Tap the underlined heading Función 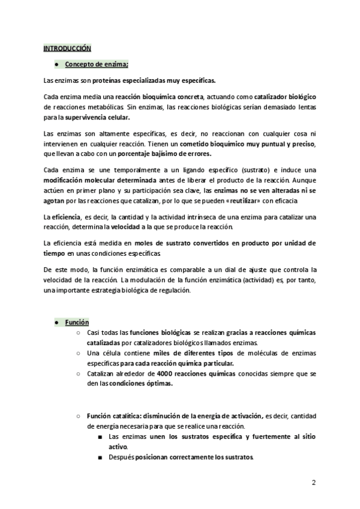(77, 322)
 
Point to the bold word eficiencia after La (67, 216)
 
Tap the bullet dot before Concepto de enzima (56, 63)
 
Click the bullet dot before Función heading (56, 322)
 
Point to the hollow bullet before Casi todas (78, 333)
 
